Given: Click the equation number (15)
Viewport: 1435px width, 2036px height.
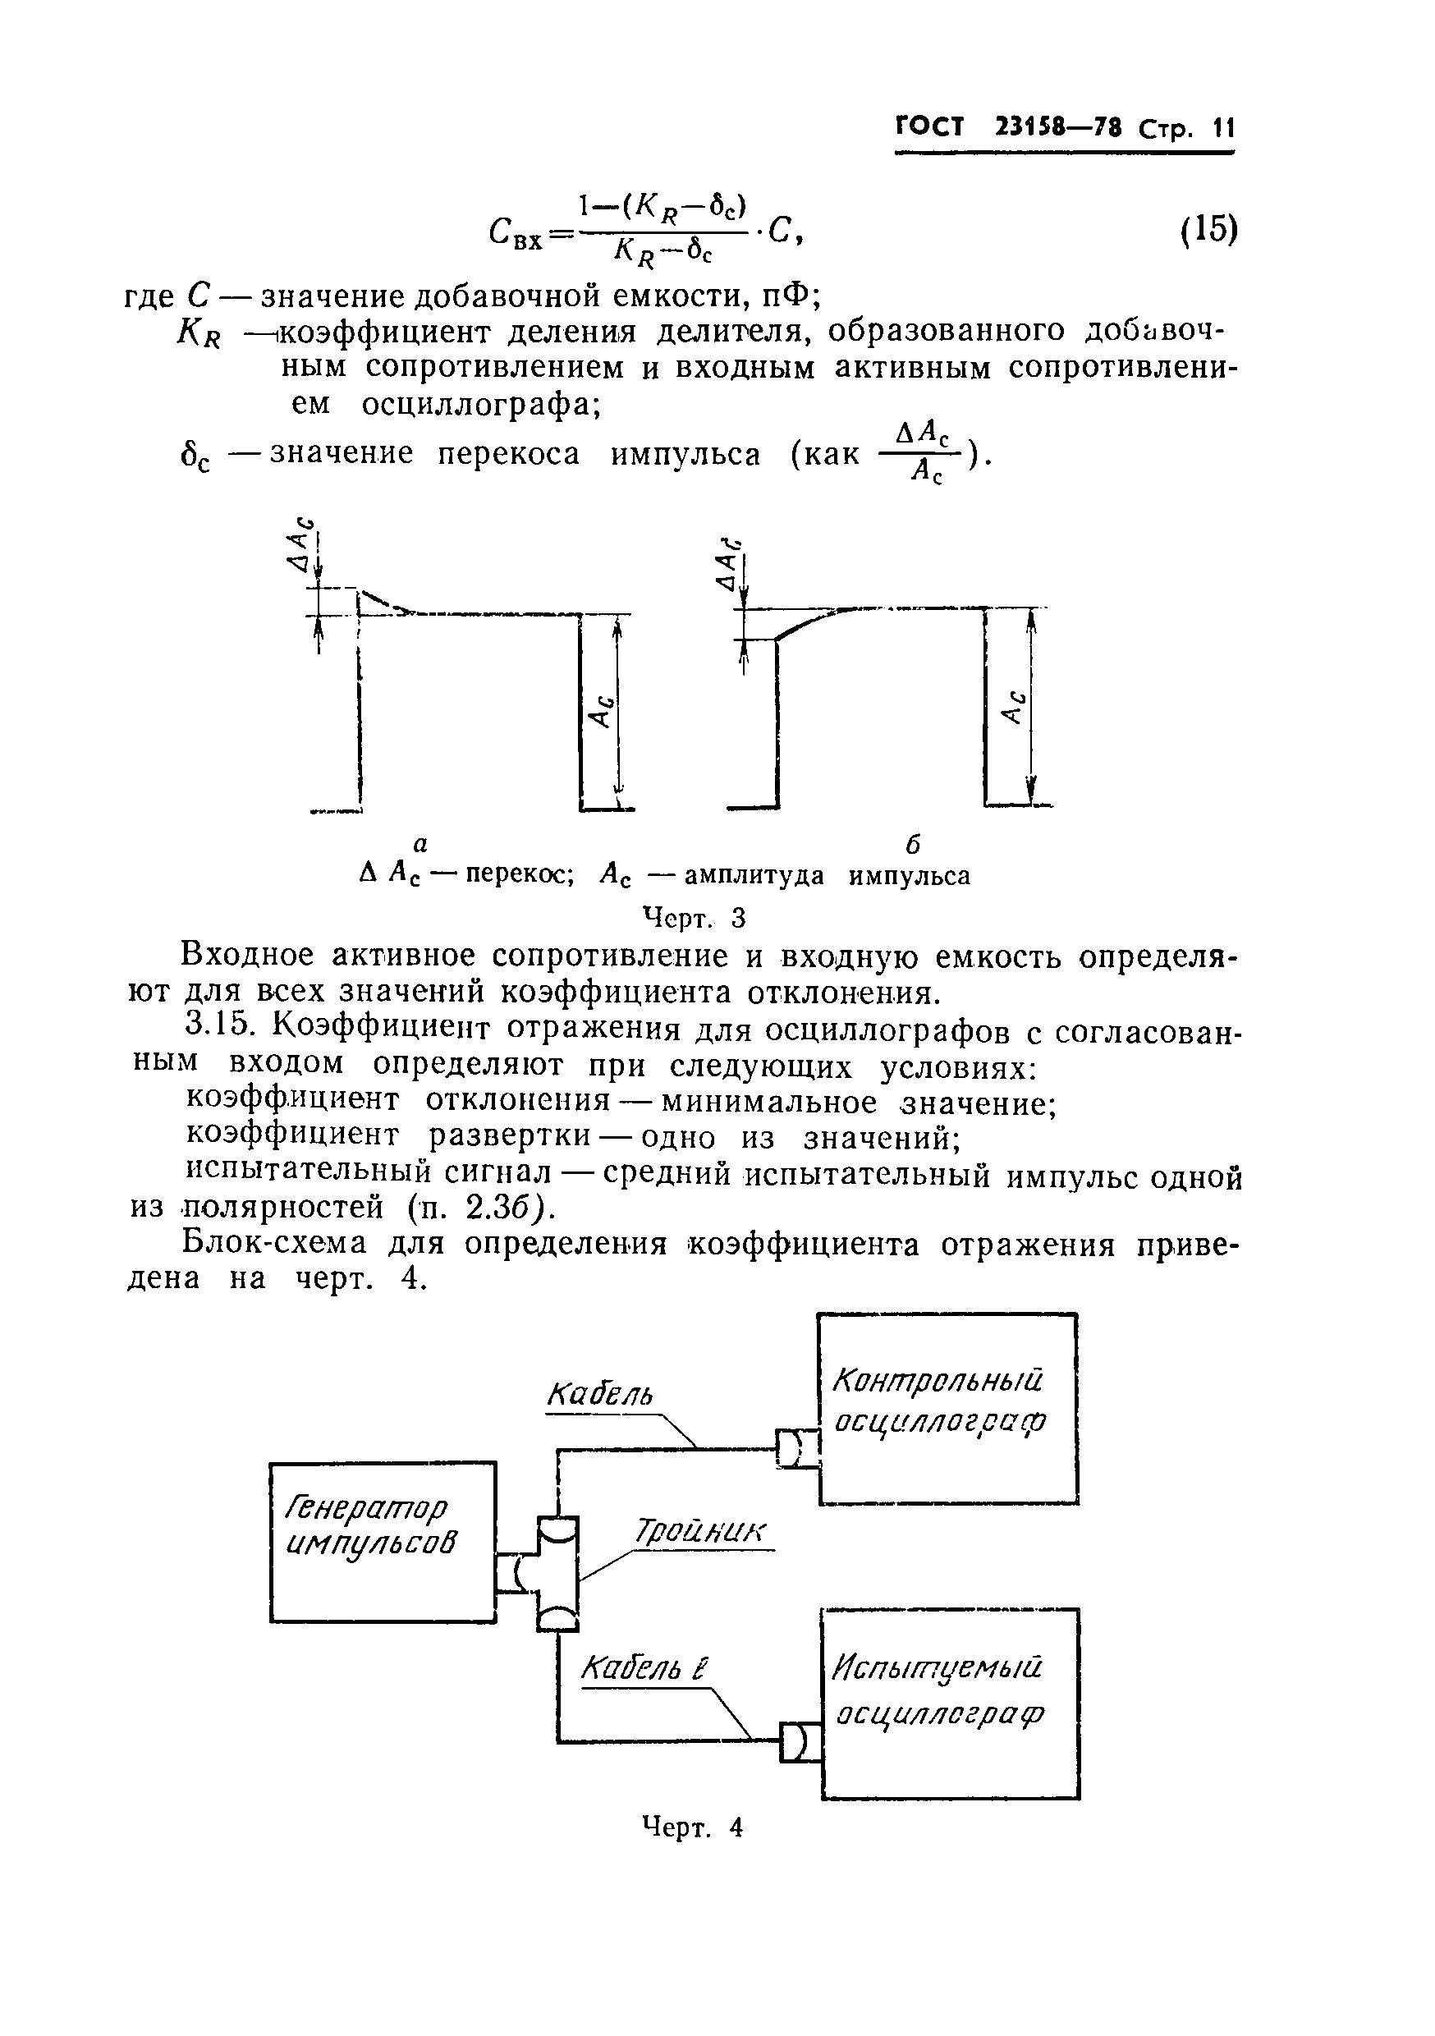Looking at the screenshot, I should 1209,230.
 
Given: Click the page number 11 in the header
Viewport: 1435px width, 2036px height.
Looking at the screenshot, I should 1223,129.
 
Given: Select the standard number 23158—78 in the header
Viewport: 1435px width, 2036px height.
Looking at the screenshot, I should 1059,129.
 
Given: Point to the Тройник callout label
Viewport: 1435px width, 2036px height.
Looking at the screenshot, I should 700,1531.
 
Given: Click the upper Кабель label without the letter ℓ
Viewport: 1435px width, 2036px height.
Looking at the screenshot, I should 599,1395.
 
